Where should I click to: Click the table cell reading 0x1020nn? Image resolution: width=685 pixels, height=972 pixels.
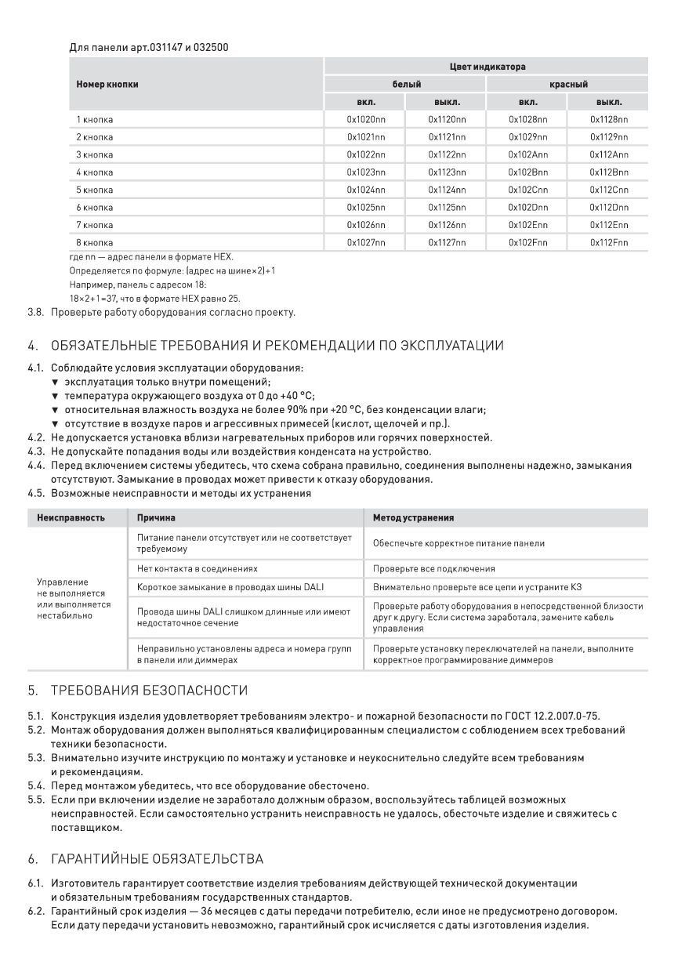366,119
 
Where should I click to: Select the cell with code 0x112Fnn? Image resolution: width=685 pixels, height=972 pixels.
608,243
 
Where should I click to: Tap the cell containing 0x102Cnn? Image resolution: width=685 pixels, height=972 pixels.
527,190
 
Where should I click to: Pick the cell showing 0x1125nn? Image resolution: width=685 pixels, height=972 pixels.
447,208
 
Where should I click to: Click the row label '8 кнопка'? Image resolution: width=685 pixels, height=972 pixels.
94,243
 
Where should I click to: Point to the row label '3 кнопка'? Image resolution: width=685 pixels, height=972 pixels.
94,154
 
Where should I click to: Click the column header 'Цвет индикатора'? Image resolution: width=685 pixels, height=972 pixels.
487,67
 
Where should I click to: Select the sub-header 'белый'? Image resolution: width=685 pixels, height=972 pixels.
406,85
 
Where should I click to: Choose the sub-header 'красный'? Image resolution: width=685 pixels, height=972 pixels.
568,85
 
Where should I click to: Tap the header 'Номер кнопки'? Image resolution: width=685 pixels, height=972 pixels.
107,85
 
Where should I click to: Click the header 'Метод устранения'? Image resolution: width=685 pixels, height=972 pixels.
413,518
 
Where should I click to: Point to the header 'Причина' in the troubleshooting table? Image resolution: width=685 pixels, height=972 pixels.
156,518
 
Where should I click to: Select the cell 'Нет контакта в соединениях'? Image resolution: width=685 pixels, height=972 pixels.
197,568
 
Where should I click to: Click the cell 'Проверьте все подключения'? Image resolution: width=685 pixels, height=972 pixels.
433,568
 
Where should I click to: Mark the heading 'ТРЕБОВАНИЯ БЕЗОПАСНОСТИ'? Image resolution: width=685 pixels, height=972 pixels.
149,691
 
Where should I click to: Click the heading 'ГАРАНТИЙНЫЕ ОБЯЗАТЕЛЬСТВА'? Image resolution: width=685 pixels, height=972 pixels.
157,859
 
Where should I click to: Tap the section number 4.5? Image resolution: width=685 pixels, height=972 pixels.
36,494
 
